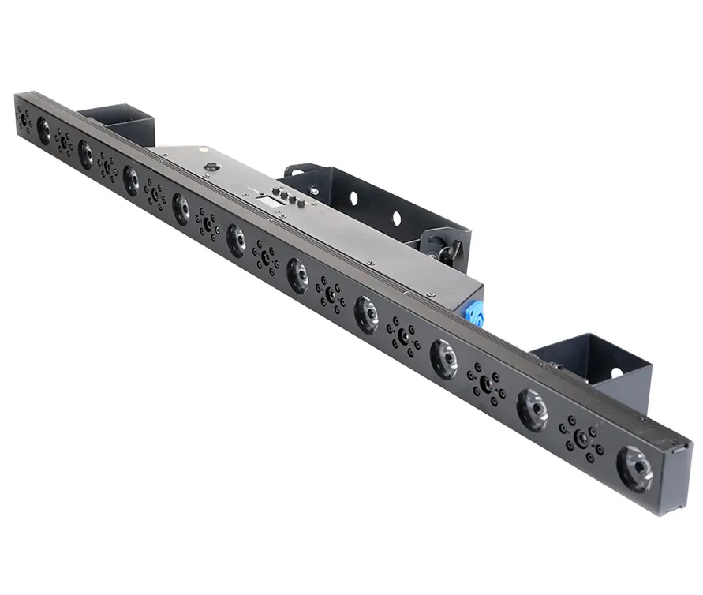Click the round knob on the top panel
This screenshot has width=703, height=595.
pos(211,167)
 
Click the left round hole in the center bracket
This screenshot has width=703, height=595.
pos(353,196)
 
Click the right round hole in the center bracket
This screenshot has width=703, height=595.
pos(397,217)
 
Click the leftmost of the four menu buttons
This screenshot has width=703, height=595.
pos(275,191)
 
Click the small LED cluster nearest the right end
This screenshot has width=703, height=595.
pos(581,438)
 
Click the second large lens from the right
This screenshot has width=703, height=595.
pos(533,409)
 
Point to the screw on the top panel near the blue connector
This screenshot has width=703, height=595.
pos(429,294)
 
